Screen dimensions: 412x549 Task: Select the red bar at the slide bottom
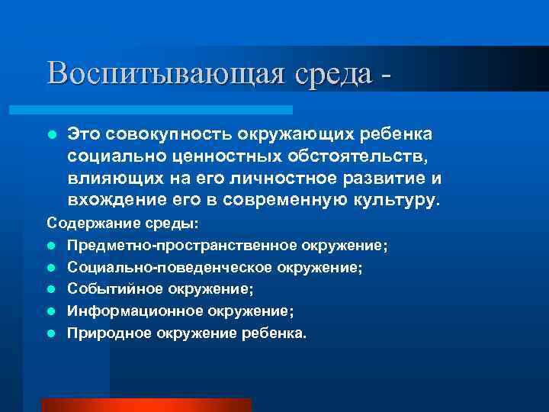point(146,404)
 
